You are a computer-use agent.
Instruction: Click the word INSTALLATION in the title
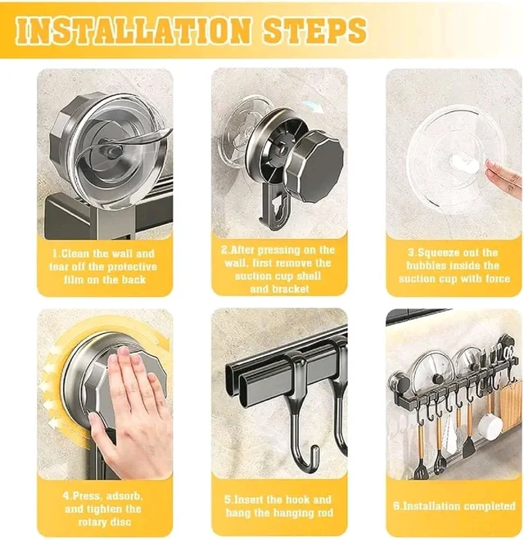pos(133,30)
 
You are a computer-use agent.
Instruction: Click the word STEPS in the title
pos(314,30)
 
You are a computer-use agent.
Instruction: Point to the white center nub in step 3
pos(465,161)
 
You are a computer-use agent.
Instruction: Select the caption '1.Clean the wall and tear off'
pos(103,267)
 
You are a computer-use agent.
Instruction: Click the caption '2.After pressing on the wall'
pos(278,269)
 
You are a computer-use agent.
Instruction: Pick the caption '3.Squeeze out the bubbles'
pos(454,266)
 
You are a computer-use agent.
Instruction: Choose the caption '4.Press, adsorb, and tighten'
pos(102,509)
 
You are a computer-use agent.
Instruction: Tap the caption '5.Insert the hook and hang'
pos(278,506)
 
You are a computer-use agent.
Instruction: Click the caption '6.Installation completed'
pos(454,506)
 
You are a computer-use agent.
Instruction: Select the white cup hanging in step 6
pos(490,426)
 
